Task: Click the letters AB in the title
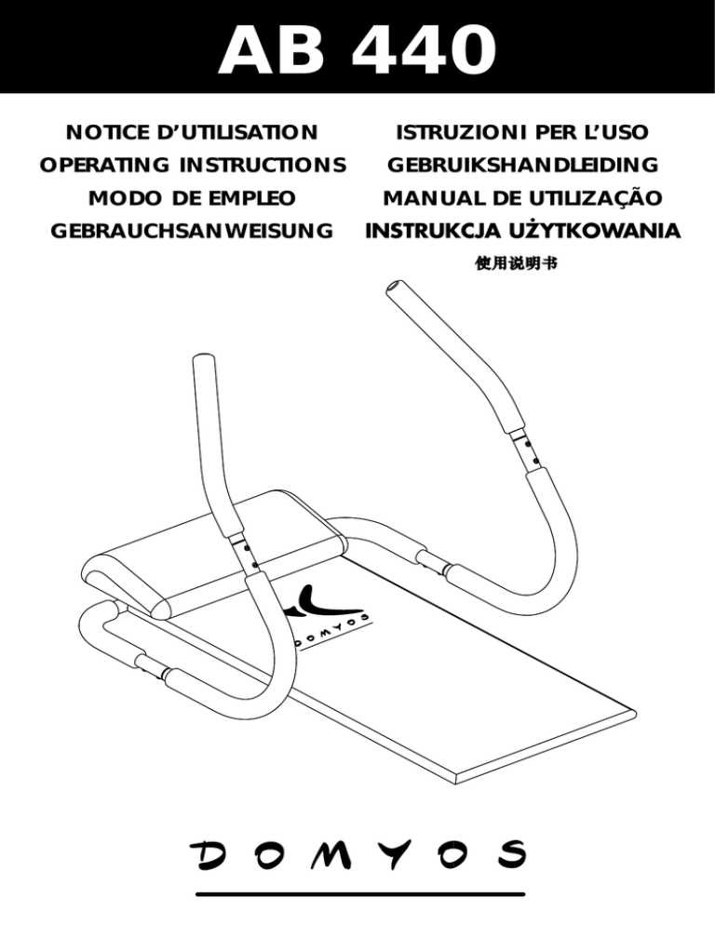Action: pyautogui.click(x=273, y=51)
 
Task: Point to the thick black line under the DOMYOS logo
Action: pyautogui.click(x=357, y=896)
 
